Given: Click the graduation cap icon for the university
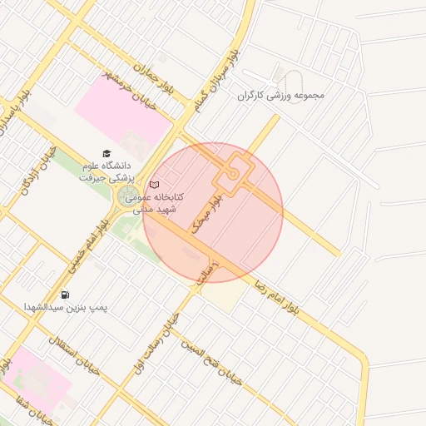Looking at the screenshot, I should click(106, 153).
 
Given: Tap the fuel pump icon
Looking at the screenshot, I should click(65, 295).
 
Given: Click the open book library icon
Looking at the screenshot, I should click(154, 185).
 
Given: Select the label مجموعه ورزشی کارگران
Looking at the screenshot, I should click(280, 95).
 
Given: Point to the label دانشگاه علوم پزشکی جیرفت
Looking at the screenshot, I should click(106, 171).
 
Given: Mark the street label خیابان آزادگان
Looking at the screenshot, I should click(42, 170).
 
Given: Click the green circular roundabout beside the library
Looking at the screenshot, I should click(129, 196).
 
